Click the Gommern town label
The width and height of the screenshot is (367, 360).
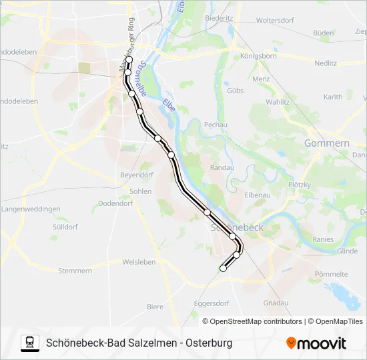(x=326, y=143)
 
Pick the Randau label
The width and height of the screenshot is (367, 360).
(x=222, y=168)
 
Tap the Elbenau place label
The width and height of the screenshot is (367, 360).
(x=258, y=195)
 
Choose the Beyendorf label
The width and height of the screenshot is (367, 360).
(x=136, y=175)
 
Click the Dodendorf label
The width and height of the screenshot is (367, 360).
(x=115, y=203)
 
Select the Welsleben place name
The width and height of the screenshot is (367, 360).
(x=139, y=262)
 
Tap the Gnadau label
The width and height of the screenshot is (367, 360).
(x=276, y=303)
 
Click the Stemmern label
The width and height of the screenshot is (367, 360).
(x=75, y=271)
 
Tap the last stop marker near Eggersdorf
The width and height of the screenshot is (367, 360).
(x=223, y=268)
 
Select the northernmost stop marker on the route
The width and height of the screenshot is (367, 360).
(x=129, y=60)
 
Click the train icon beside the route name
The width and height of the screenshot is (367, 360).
(x=30, y=343)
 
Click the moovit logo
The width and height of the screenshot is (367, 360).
(x=316, y=343)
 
